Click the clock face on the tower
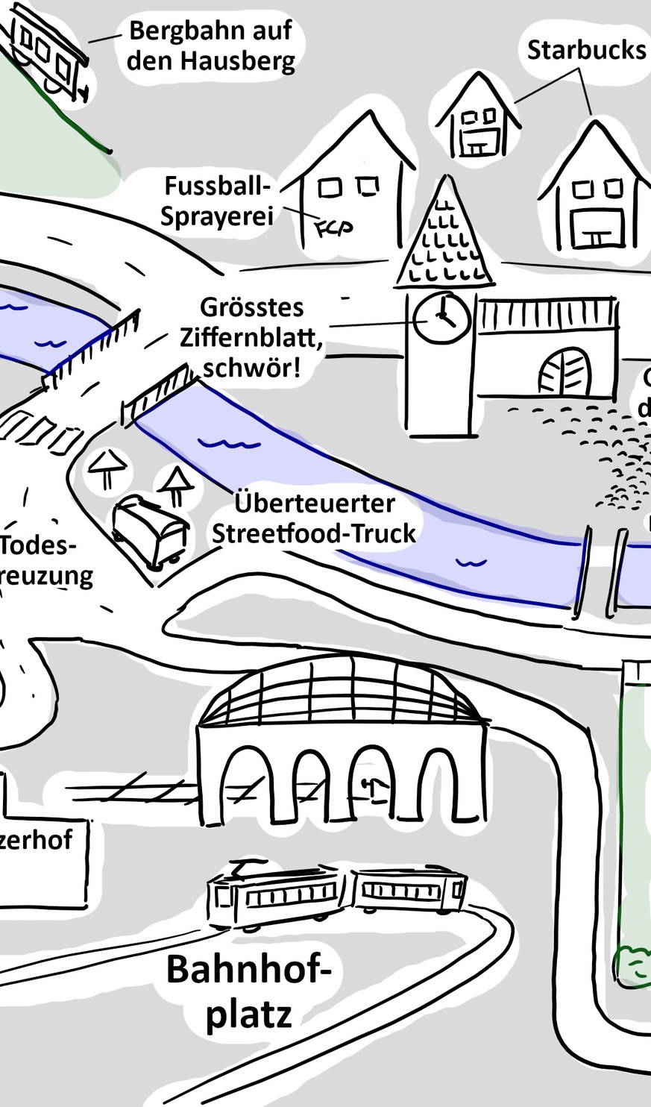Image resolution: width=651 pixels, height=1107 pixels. pyautogui.click(x=441, y=318)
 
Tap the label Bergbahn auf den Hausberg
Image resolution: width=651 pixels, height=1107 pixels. pyautogui.click(x=210, y=46)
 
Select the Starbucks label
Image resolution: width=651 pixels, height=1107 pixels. pyautogui.click(x=586, y=50)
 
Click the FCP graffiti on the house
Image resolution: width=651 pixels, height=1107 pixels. pyautogui.click(x=333, y=227)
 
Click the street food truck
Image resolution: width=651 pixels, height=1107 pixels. pyautogui.click(x=150, y=530)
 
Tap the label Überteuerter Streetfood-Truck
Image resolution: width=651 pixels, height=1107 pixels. pyautogui.click(x=314, y=518)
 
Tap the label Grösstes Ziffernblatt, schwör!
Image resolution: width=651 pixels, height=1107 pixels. pyautogui.click(x=252, y=337)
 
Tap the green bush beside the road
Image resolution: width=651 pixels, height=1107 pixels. pyautogui.click(x=633, y=966)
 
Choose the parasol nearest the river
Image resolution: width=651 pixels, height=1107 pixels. pyautogui.click(x=176, y=483)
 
